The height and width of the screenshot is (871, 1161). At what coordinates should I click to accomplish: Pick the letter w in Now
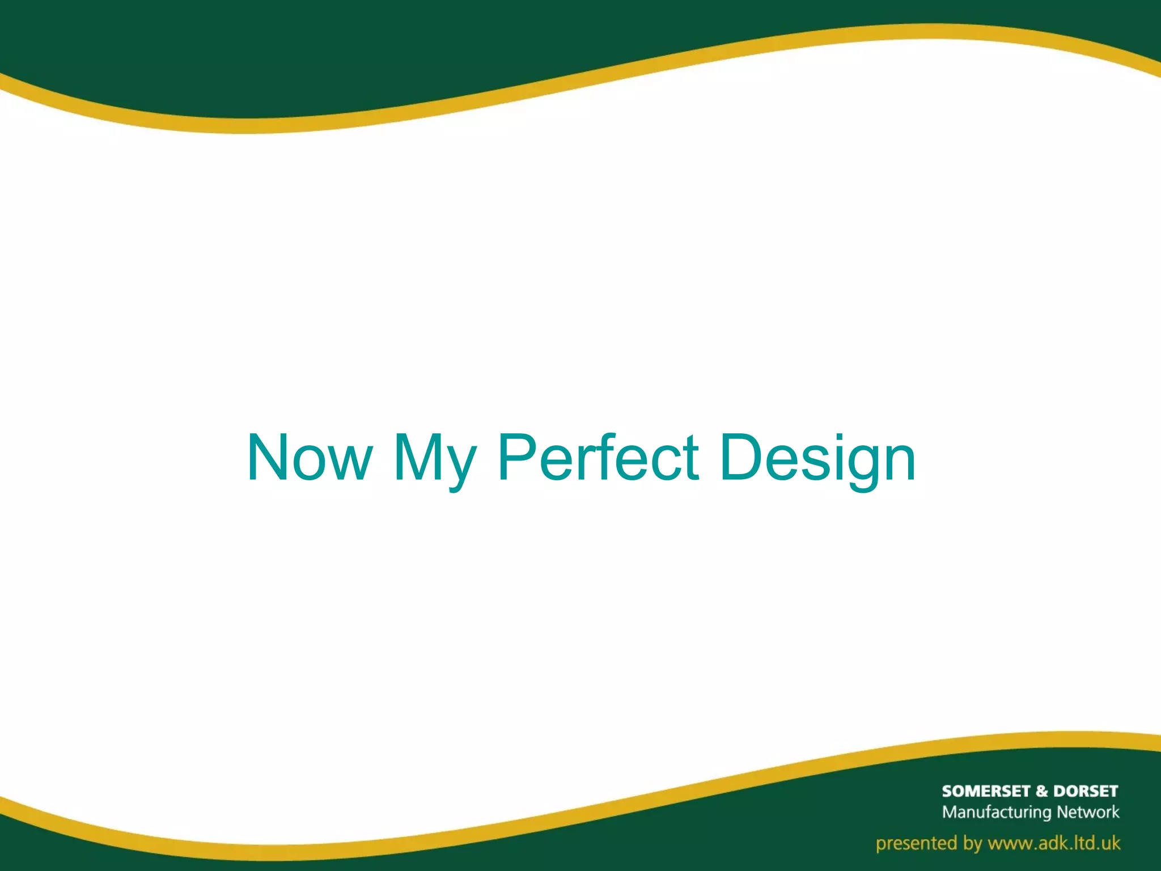[347, 462]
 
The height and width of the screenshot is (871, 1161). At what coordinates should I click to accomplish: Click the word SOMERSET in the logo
[986, 791]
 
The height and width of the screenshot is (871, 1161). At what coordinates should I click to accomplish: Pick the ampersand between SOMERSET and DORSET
[1042, 791]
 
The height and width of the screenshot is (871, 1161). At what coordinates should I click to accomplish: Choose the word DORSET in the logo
[1086, 791]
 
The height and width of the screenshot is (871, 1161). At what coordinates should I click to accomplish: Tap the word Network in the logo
[1088, 812]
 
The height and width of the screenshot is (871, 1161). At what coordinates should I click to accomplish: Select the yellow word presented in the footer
[912, 843]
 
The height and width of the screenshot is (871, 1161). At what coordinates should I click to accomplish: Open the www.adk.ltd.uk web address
[1054, 843]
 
